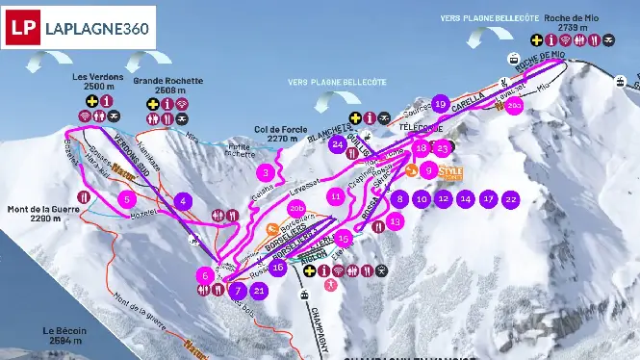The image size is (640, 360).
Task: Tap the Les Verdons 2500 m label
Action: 98,80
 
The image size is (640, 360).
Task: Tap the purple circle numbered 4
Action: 183,200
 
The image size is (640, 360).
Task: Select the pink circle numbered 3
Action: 266,173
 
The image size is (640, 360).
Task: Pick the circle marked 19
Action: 441,103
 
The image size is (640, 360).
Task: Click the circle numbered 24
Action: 337,144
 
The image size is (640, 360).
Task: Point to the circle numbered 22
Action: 511,198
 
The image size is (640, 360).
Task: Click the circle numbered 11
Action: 335,195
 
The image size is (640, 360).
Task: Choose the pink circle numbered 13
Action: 397,220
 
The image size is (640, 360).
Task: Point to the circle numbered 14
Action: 465,198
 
